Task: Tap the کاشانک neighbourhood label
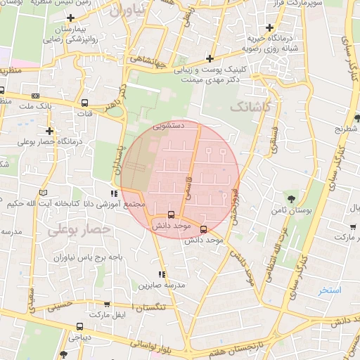(250, 107)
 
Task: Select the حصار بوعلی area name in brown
(79, 229)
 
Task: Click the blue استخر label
(329, 290)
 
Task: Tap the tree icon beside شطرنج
(358, 117)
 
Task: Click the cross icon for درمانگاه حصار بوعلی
(49, 131)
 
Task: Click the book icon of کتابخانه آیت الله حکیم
(44, 193)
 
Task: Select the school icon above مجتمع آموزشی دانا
(114, 193)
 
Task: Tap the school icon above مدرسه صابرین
(162, 274)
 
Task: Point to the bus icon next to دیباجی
(79, 326)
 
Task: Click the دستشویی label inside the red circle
(169, 127)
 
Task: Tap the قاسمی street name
(187, 184)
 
